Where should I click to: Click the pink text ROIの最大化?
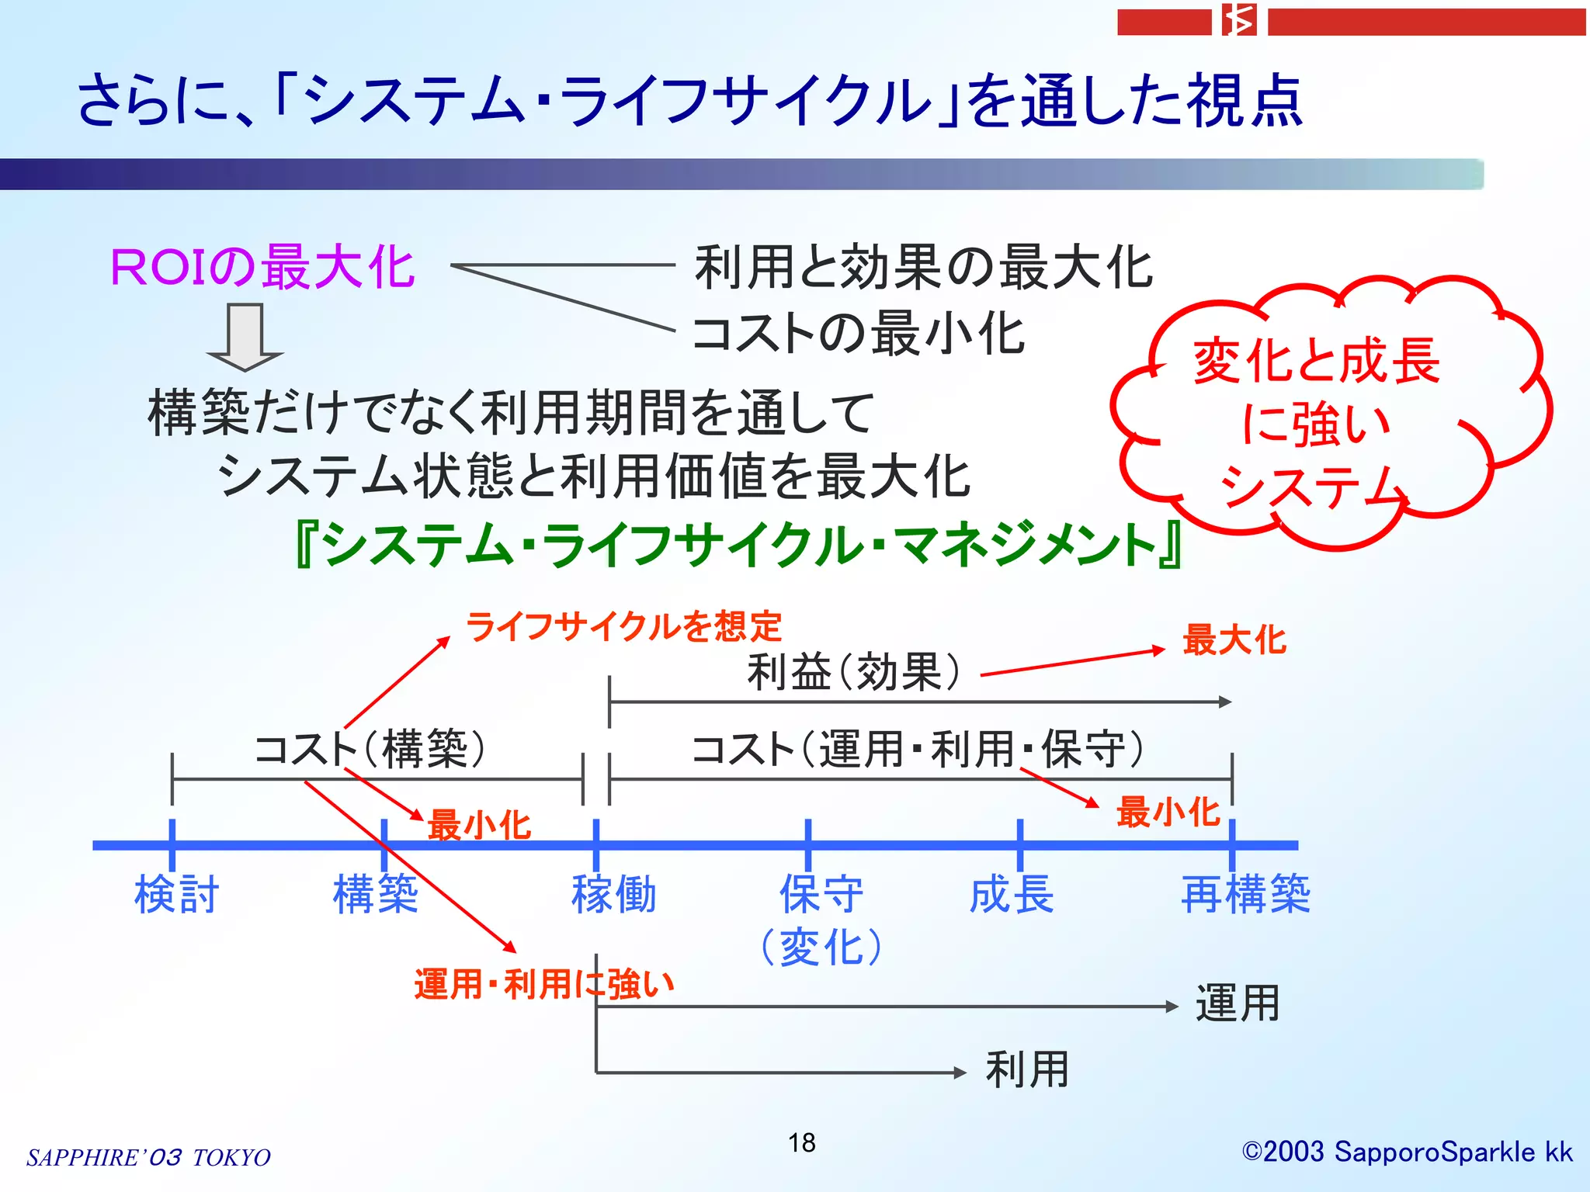(262, 268)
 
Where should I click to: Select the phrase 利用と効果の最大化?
(923, 268)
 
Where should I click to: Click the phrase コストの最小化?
(858, 334)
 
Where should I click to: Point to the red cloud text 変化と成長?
(1317, 362)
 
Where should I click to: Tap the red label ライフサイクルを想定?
(623, 626)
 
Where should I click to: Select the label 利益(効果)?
(853, 672)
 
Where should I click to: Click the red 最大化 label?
(1234, 641)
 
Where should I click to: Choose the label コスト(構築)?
(370, 750)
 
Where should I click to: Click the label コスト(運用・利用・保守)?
(918, 750)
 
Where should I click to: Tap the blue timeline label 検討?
(176, 895)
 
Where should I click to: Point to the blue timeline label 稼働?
(613, 895)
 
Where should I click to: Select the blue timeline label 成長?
(1012, 895)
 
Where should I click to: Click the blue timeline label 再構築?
(1245, 895)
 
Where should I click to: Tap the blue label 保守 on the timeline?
(821, 895)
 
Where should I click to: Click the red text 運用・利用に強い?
(543, 985)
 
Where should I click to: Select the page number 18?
(801, 1143)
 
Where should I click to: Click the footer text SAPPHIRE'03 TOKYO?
(148, 1157)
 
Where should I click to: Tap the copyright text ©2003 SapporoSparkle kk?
(1407, 1152)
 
